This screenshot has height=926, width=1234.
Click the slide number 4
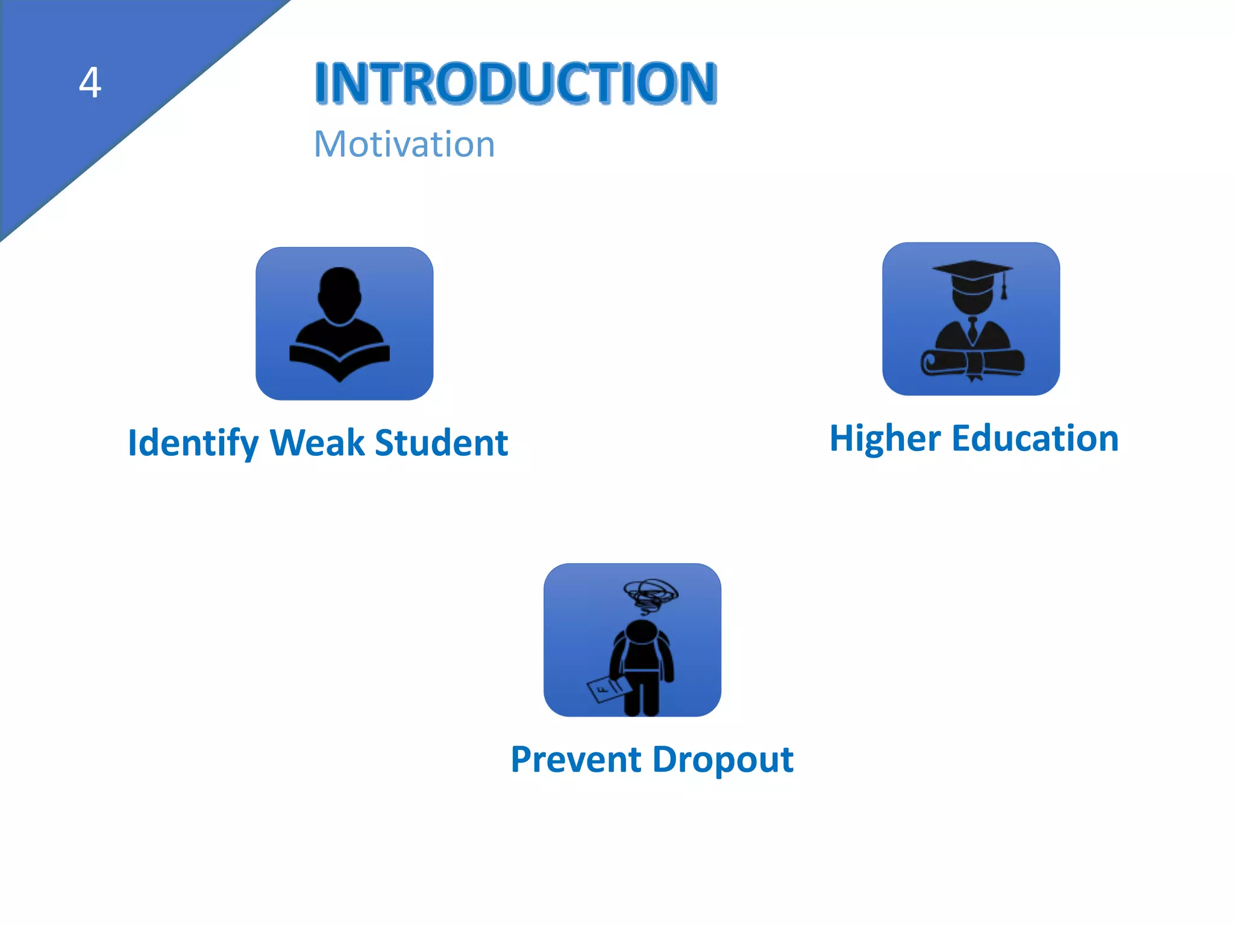click(x=90, y=83)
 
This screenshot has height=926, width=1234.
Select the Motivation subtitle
click(x=404, y=145)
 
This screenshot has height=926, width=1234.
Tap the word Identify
click(x=193, y=443)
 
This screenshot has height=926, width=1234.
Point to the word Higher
click(x=885, y=438)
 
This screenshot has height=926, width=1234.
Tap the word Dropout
click(x=722, y=760)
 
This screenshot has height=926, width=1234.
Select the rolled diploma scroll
click(x=971, y=363)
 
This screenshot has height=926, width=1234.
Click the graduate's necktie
click(x=972, y=330)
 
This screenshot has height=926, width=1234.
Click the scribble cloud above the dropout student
click(x=650, y=594)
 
